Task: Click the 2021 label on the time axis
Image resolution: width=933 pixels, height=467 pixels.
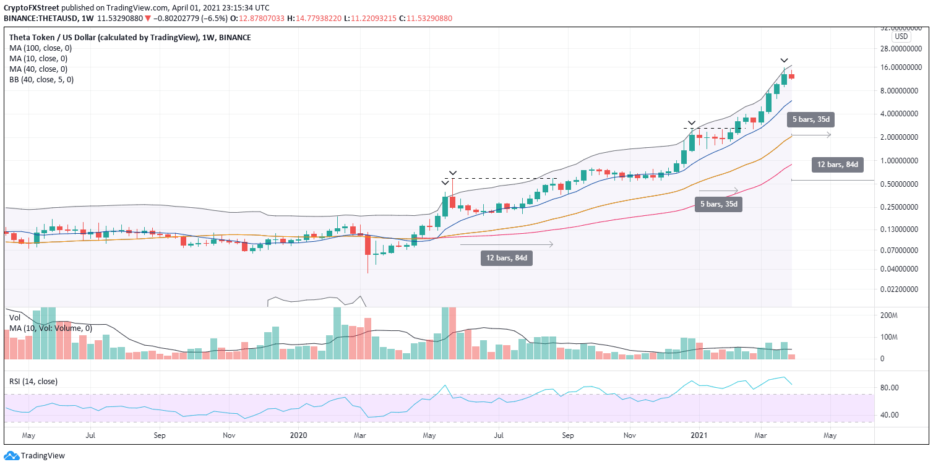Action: click(699, 435)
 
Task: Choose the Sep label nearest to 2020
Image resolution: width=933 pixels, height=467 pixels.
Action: click(159, 435)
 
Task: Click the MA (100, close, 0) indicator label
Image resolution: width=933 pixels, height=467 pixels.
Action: click(40, 48)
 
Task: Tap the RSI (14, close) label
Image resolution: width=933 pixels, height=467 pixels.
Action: click(33, 382)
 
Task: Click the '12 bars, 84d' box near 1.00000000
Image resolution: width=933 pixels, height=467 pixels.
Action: click(837, 165)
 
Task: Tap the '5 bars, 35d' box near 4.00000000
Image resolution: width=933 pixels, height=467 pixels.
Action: click(809, 118)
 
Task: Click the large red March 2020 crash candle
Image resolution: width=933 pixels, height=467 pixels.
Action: click(368, 245)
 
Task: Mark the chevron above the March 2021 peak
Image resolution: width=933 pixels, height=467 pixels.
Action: click(783, 60)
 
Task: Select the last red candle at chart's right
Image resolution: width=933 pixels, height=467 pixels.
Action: click(791, 77)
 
